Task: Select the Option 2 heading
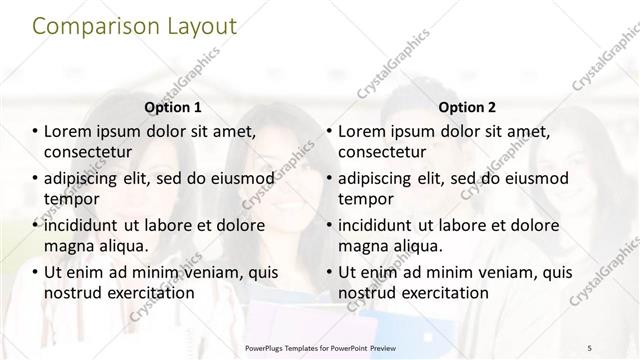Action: pos(466,106)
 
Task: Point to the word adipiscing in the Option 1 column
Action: pos(89,177)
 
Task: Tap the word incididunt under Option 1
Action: pos(89,223)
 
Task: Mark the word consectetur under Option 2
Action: pos(382,152)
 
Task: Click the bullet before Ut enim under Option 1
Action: pos(34,271)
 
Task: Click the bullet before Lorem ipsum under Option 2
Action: pos(329,130)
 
